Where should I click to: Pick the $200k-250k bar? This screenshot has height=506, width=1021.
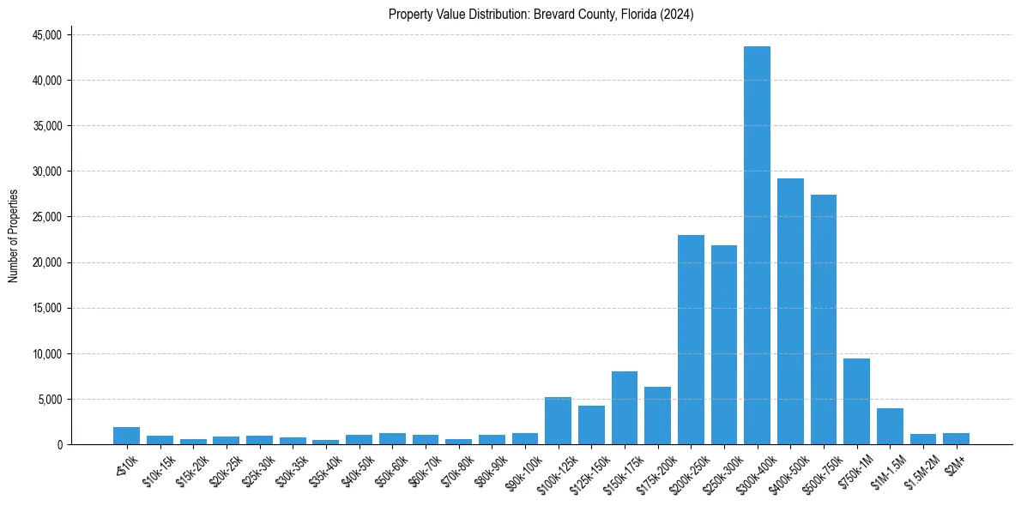point(691,340)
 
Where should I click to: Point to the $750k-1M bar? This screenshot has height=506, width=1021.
point(856,401)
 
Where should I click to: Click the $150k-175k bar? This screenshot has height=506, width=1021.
point(625,407)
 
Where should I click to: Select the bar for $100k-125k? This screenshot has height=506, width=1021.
point(558,420)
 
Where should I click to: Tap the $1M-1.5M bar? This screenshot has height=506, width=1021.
point(890,426)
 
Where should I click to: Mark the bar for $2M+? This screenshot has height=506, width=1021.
point(956,438)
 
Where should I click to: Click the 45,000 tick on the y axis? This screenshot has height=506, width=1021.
point(46,35)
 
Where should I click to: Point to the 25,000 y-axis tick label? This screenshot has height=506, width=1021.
point(46,217)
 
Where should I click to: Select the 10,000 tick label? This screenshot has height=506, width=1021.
point(46,353)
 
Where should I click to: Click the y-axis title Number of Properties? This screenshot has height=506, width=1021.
point(13,236)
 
